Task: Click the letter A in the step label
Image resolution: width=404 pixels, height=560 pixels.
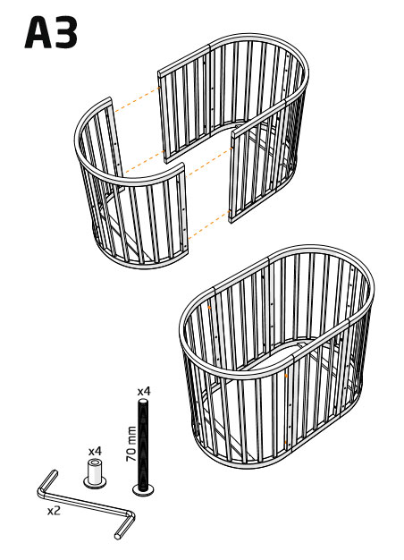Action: [x=38, y=32]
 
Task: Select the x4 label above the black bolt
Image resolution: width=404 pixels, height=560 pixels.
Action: [x=144, y=391]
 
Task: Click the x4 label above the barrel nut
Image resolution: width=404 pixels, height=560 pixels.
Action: [x=95, y=451]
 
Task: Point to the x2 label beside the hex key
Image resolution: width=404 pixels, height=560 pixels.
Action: [x=54, y=511]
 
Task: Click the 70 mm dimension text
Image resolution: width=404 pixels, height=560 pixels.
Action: [x=131, y=444]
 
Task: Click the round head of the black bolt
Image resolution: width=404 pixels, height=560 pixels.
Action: [x=144, y=490]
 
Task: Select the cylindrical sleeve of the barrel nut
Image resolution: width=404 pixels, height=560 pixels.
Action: [x=95, y=470]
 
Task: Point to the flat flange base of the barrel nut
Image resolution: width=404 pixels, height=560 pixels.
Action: [x=95, y=483]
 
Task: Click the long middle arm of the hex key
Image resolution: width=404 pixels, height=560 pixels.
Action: [x=86, y=503]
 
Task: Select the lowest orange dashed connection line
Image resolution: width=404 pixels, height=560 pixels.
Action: [x=209, y=225]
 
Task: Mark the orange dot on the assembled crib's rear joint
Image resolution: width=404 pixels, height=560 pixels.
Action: [x=209, y=307]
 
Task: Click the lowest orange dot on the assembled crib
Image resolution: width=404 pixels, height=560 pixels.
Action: [x=285, y=443]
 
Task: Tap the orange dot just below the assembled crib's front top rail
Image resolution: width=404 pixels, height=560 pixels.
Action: [x=286, y=376]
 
